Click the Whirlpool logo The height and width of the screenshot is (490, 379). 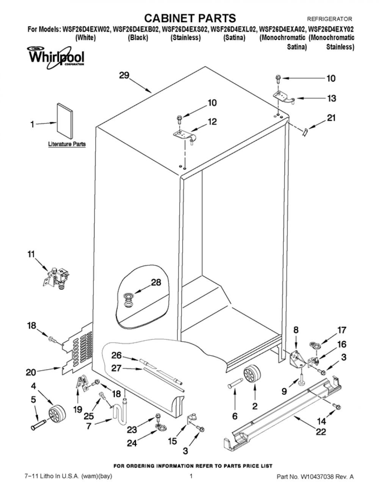pyautogui.click(x=56, y=58)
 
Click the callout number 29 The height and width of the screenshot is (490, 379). pyautogui.click(x=124, y=75)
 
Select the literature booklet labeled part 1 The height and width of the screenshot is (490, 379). pyautogui.click(x=65, y=121)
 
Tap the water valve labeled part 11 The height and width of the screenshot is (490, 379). pyautogui.click(x=56, y=278)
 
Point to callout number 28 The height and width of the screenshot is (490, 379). pyautogui.click(x=156, y=282)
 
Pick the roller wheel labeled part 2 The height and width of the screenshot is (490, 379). pyautogui.click(x=252, y=375)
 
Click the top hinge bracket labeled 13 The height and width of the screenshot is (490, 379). pyautogui.click(x=284, y=96)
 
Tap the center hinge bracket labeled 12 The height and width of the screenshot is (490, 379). pyautogui.click(x=185, y=137)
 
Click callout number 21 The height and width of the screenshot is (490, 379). pyautogui.click(x=331, y=118)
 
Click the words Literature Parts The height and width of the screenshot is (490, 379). pyautogui.click(x=67, y=144)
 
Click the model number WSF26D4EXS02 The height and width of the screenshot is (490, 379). pyautogui.click(x=185, y=29)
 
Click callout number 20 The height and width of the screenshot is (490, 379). pyautogui.click(x=31, y=372)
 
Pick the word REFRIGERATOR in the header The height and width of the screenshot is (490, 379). pyautogui.click(x=330, y=19)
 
